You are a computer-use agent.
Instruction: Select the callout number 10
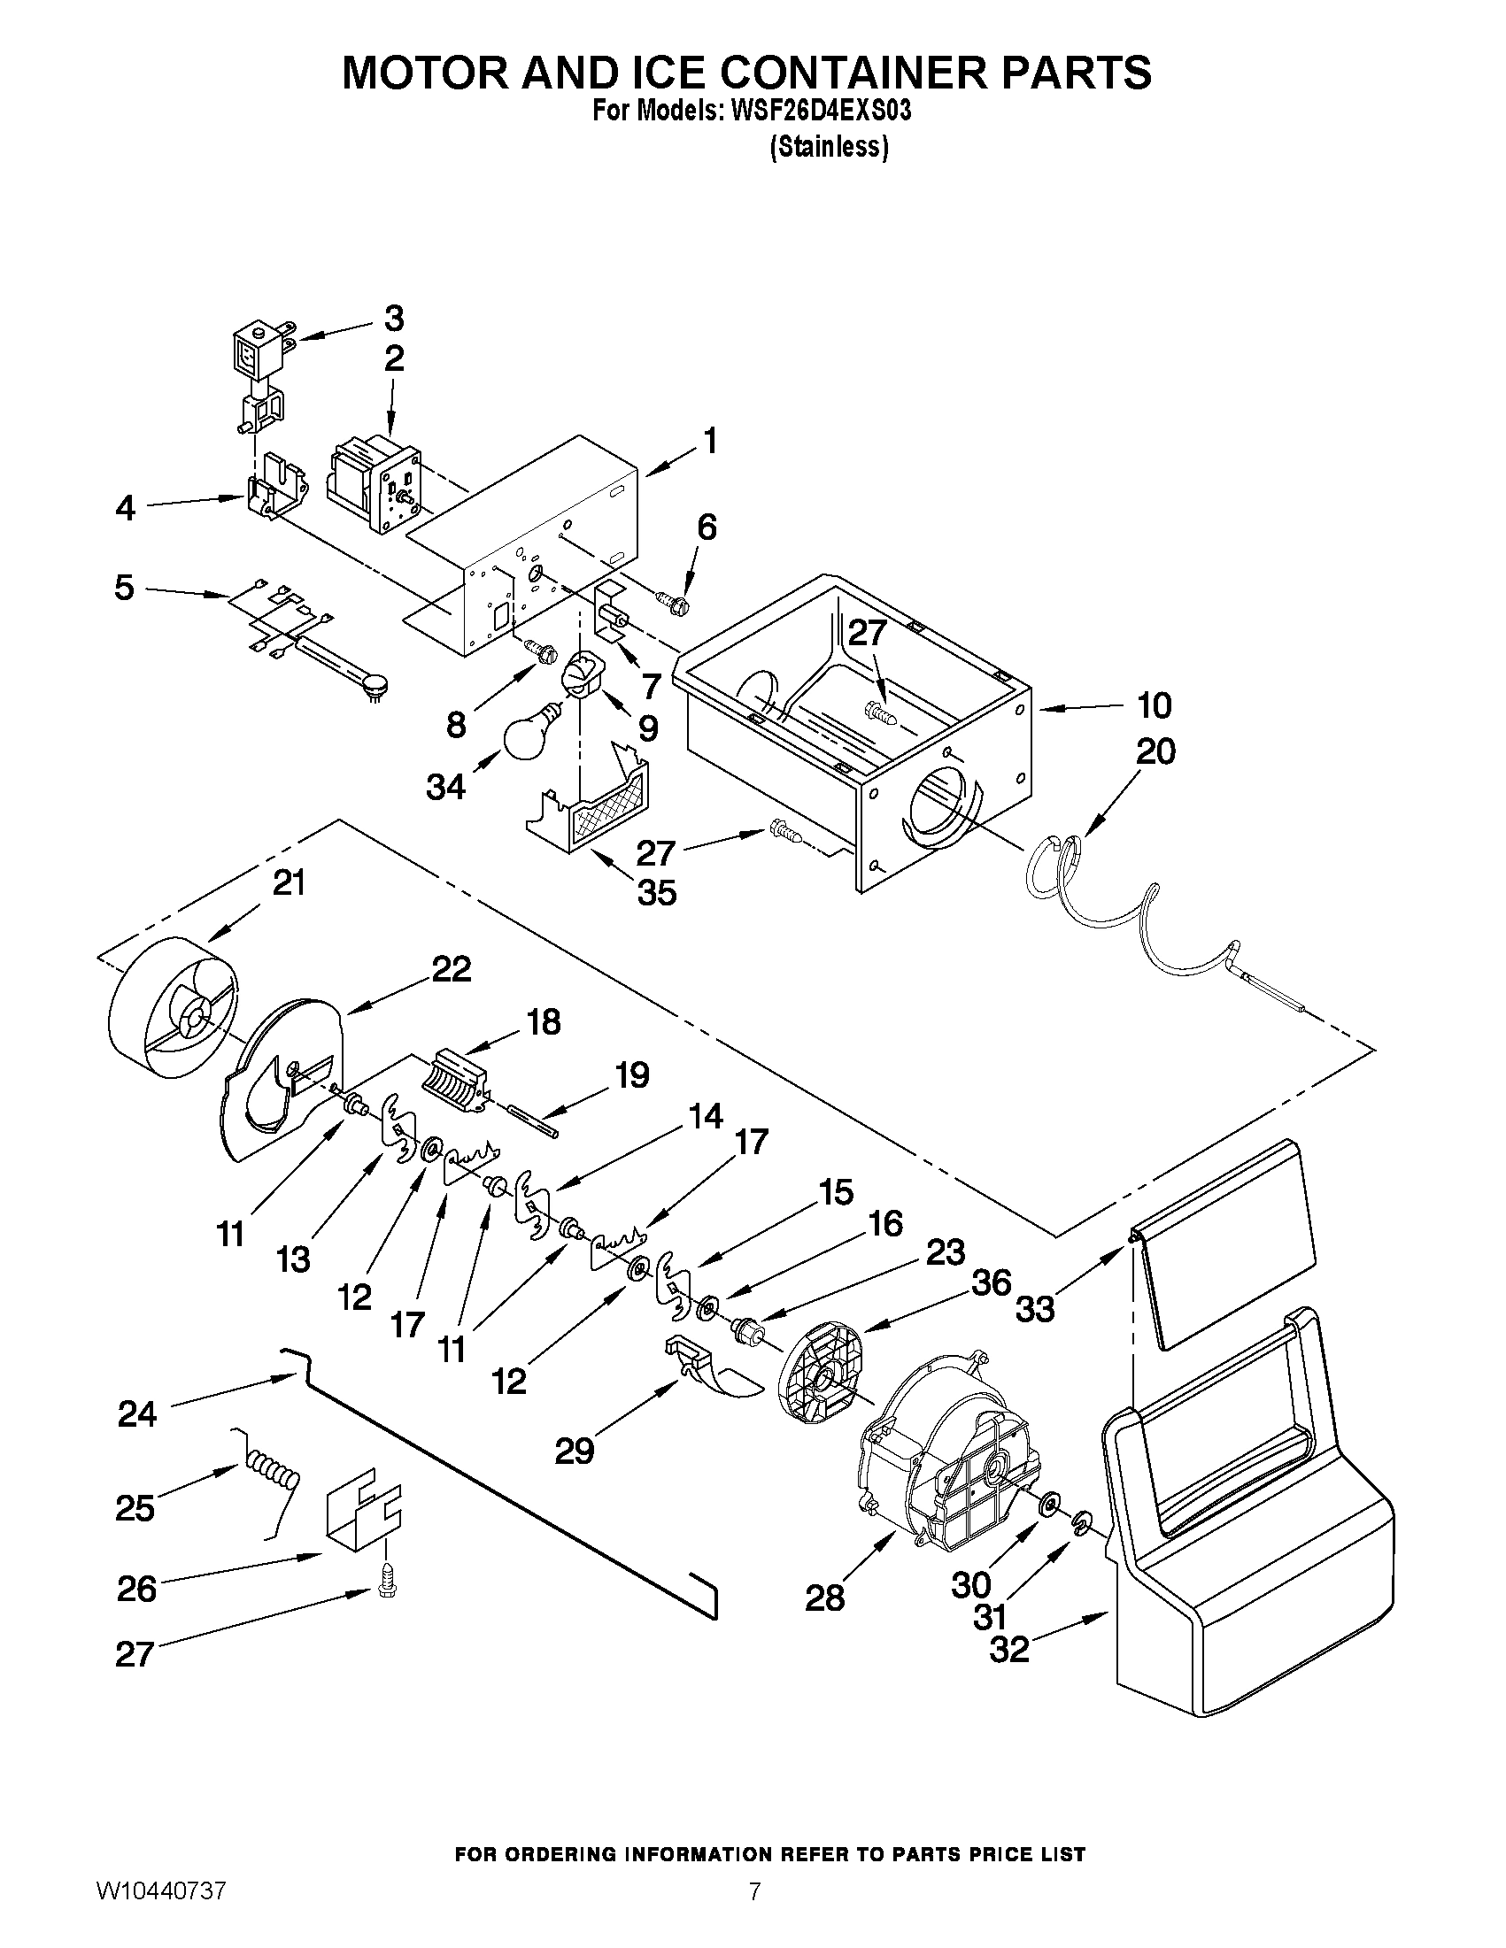(x=1154, y=705)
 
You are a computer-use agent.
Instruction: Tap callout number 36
(x=991, y=1283)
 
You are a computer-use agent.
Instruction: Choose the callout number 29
(x=574, y=1452)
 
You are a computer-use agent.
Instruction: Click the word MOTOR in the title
(x=436, y=73)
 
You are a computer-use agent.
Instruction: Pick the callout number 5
(x=124, y=588)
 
